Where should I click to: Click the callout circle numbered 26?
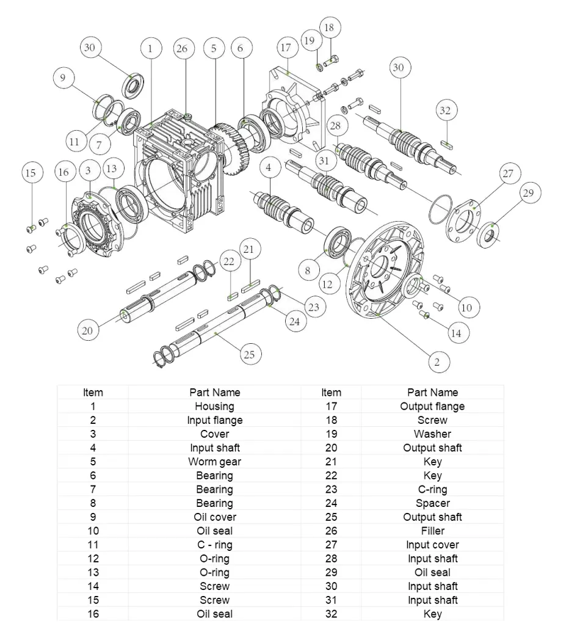pos(181,49)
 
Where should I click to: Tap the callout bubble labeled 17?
pos(286,48)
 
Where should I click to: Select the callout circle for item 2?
pos(437,362)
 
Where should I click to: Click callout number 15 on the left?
pos(30,173)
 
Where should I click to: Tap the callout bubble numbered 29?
pos(529,194)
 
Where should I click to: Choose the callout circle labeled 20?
pos(88,330)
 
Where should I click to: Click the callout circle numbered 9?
pos(63,78)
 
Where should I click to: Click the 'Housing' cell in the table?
pos(214,406)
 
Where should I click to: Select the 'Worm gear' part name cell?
pos(214,462)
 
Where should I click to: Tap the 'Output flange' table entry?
pos(432,406)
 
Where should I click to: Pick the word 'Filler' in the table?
pos(432,531)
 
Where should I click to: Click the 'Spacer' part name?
pos(432,503)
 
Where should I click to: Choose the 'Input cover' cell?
pos(432,545)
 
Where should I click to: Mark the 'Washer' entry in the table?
pos(432,434)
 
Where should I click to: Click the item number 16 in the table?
pos(93,614)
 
